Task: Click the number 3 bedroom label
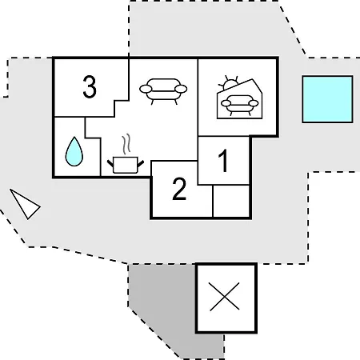pos(90,86)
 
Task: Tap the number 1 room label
pos(224,161)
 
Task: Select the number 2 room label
pos(179,189)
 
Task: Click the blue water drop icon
pos(74,151)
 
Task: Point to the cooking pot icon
pos(126,165)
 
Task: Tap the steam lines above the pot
pos(126,144)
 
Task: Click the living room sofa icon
pos(163,91)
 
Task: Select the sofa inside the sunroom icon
pos(240,105)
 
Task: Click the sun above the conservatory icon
pos(229,83)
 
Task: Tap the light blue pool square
pos(327,99)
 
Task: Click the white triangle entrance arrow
pos(26,204)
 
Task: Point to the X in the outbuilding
pos(224,297)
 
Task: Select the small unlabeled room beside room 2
pos(231,201)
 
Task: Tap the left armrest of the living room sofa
pos(146,89)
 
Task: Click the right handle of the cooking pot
pos(141,164)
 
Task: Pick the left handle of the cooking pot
pos(110,164)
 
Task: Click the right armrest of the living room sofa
pos(181,89)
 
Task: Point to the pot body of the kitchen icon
pos(126,166)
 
